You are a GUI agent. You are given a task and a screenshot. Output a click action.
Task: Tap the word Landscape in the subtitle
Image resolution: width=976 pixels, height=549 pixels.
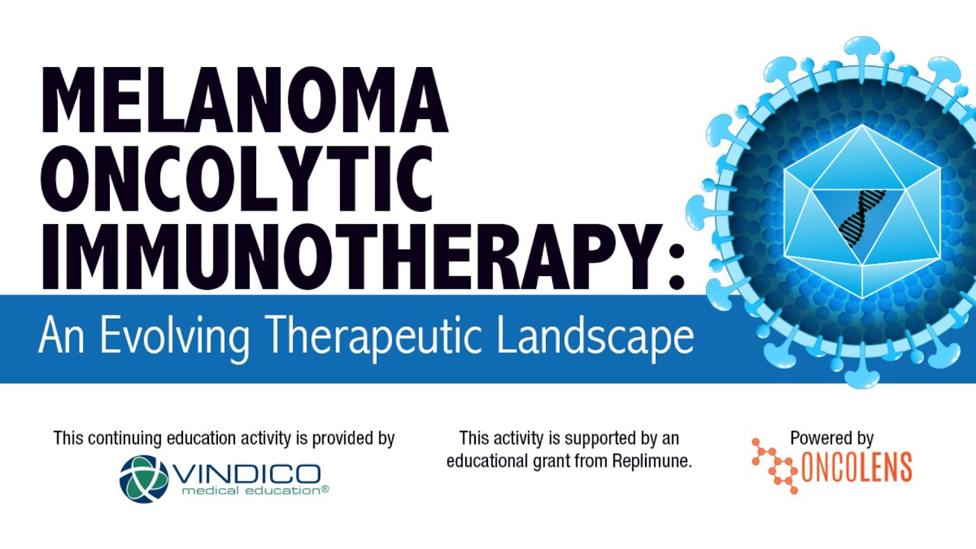click(595, 337)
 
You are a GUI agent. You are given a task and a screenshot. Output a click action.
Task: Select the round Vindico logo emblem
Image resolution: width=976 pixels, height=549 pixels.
click(144, 478)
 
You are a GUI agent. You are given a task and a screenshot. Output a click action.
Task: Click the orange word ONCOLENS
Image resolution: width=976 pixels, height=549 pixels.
click(855, 467)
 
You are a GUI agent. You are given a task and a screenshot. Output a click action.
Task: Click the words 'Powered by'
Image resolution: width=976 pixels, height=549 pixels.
click(831, 438)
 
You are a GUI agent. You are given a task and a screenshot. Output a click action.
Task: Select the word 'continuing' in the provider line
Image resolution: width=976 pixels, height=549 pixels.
click(121, 438)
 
